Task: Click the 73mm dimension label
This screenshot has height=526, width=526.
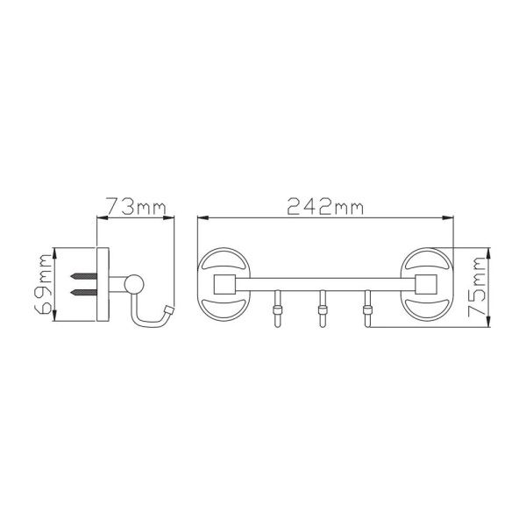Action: [x=136, y=206]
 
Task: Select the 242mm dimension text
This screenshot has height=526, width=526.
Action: [x=325, y=206]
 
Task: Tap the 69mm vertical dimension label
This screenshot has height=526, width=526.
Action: [x=44, y=284]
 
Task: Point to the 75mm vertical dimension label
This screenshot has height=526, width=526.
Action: [x=477, y=287]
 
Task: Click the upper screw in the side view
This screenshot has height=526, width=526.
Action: [x=84, y=276]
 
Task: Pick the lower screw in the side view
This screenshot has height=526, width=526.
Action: [x=84, y=292]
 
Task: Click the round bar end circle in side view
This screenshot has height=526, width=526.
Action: [x=134, y=284]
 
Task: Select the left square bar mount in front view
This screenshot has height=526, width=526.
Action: [x=224, y=284]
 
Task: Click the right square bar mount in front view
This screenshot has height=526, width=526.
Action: [x=426, y=284]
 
